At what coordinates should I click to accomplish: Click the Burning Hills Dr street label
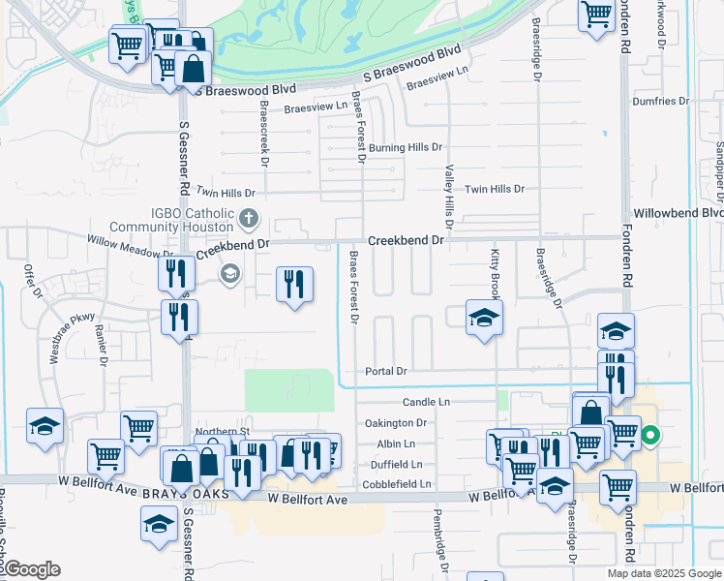[405, 148]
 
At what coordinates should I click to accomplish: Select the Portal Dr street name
[386, 372]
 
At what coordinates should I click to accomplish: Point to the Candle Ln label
[427, 401]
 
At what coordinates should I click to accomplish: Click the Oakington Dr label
[396, 423]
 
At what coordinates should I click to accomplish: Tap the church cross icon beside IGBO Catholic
[249, 218]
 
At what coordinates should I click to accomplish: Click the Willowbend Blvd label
[678, 212]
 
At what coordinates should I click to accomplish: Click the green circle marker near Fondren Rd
[651, 436]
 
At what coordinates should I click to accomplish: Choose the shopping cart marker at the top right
[596, 15]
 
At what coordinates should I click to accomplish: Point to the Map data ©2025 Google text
[664, 573]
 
